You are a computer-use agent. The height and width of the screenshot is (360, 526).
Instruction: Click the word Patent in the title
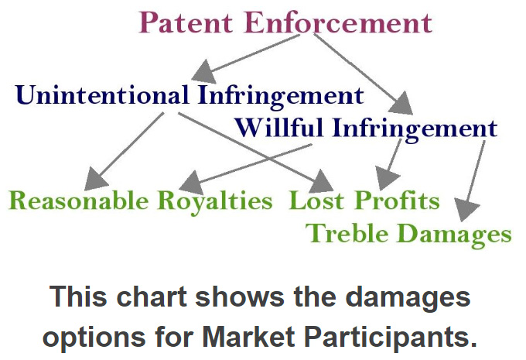click(x=186, y=22)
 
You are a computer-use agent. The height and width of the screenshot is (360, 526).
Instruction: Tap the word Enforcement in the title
click(x=339, y=22)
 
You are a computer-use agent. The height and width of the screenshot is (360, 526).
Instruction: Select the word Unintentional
click(x=102, y=94)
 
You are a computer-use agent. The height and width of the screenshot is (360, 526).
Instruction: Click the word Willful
click(x=278, y=128)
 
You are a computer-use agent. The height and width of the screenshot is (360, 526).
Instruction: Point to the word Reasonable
click(x=79, y=201)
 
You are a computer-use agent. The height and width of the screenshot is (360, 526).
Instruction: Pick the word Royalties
click(x=215, y=202)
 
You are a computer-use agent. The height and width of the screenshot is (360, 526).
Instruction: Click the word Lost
click(x=316, y=201)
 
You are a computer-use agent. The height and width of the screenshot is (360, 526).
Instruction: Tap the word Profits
click(x=397, y=201)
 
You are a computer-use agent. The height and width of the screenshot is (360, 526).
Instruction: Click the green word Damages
click(x=456, y=235)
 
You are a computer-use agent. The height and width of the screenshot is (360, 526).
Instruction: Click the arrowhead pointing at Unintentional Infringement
click(x=205, y=71)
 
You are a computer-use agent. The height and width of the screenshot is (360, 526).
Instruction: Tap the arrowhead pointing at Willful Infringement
click(x=401, y=104)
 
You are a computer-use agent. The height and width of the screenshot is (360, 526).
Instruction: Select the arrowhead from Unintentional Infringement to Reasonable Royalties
click(x=95, y=179)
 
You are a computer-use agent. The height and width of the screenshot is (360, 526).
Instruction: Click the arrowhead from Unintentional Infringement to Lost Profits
click(x=321, y=182)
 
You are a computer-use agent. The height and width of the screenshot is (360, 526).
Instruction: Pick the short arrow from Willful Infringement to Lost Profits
click(x=389, y=165)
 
